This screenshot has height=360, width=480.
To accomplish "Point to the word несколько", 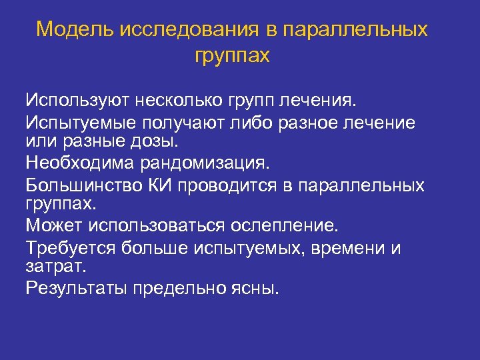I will [183, 101].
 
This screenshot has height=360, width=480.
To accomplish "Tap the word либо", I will [253, 123].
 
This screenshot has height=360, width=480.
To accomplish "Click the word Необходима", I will [77, 162].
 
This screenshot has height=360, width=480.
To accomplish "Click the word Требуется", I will [70, 249].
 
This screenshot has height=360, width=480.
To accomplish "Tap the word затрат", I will [55, 267].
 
